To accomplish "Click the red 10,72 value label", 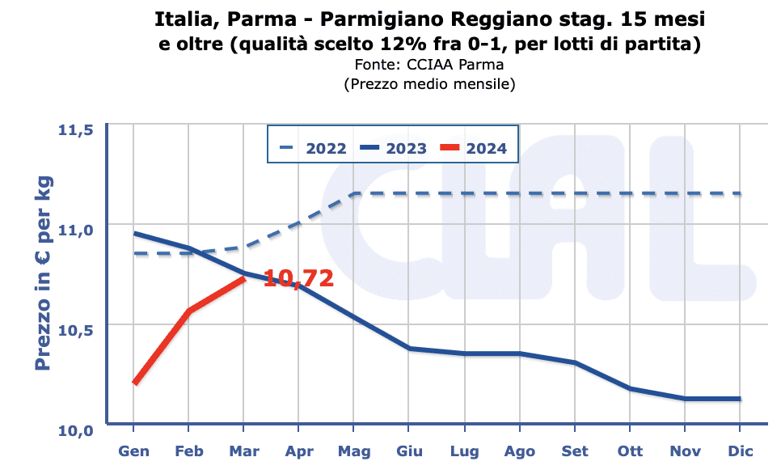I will tap(298, 279).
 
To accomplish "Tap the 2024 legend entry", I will tap(486, 148).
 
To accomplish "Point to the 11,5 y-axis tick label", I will tap(75, 130).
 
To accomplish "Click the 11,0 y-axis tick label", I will tap(75, 229).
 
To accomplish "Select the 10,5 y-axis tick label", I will tap(75, 329).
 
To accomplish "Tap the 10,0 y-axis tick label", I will tap(75, 430).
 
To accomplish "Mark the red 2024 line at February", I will tap(188, 311).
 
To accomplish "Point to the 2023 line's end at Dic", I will tap(740, 399).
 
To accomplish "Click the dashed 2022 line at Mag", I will tap(353, 193).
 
